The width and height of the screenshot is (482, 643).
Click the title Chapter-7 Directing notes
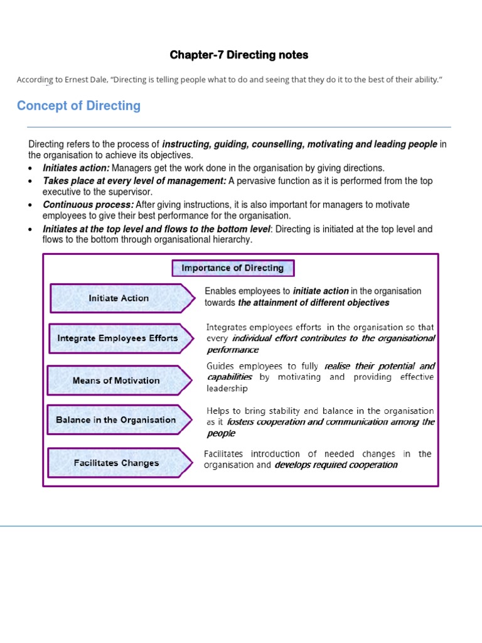[238, 55]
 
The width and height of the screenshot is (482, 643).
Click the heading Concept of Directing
[78, 106]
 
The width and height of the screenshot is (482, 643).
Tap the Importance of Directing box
[233, 268]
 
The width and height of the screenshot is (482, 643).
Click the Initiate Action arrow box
[119, 298]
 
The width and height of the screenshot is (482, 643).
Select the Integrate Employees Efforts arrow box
[118, 338]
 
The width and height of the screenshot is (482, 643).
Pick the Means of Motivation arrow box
[117, 381]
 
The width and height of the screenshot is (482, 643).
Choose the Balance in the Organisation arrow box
[116, 419]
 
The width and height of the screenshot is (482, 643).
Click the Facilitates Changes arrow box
[117, 463]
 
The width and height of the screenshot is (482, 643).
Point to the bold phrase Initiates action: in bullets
[76, 168]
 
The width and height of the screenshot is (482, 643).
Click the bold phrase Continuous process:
[88, 205]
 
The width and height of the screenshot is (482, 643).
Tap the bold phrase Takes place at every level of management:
[134, 181]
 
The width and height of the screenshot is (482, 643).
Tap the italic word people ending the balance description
[221, 433]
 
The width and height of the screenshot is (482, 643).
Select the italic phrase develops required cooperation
[336, 465]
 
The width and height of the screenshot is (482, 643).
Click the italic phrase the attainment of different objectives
[313, 303]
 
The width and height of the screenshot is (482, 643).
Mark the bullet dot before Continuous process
[31, 205]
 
